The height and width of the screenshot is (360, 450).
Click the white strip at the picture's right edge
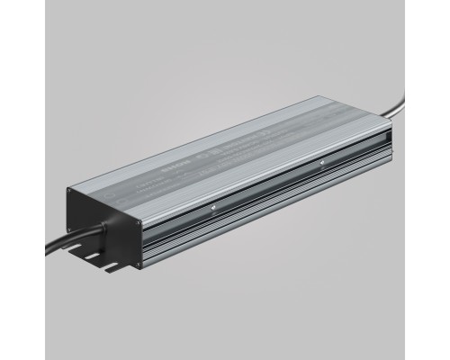point(446,180)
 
